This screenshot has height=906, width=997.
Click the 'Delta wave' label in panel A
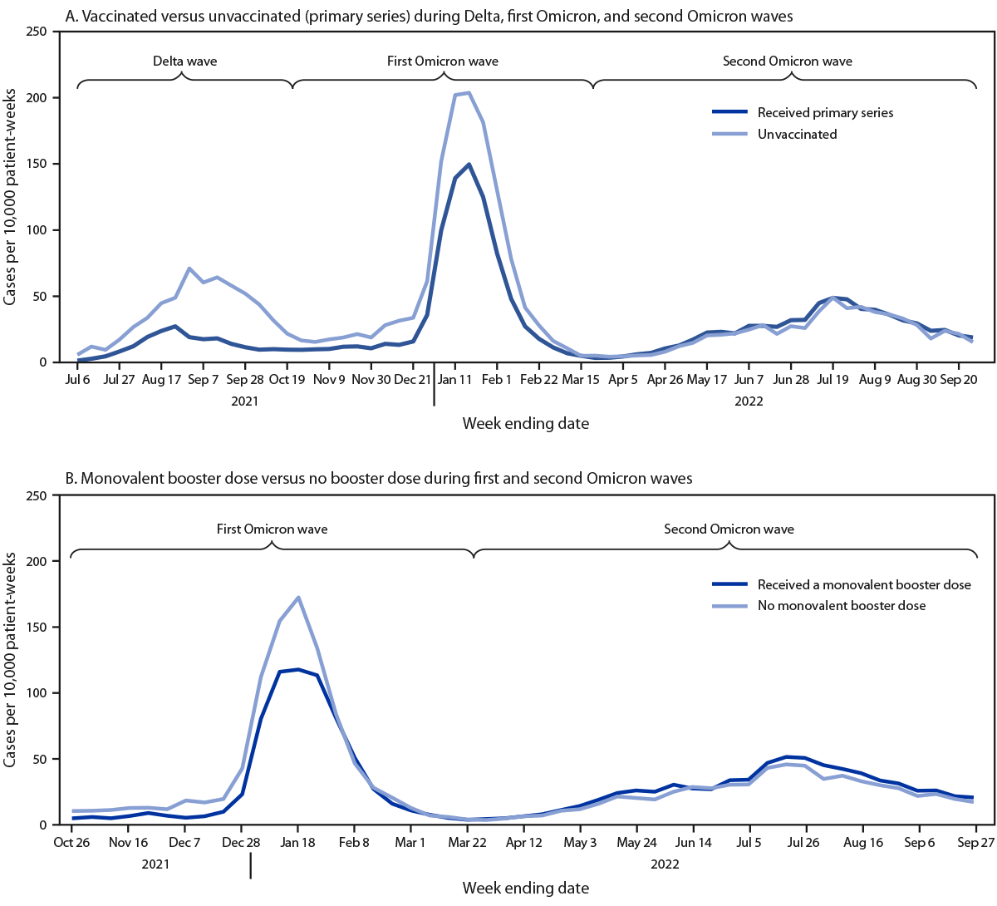184,62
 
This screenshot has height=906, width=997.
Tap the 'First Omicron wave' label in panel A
443,62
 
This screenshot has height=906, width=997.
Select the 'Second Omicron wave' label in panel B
729,529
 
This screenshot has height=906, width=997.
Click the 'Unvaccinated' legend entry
797,135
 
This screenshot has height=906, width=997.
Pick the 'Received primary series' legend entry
825,113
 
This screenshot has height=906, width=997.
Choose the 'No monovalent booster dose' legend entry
841,606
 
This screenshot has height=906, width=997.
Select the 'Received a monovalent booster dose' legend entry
864,585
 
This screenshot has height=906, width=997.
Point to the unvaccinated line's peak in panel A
469,92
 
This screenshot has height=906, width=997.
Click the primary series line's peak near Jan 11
469,165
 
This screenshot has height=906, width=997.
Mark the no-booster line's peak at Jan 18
298,597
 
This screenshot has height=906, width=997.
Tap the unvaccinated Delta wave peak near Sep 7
189,268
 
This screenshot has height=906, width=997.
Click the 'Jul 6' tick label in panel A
76,380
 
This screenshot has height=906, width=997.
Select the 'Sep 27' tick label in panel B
975,843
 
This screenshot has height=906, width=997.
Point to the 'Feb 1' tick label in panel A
497,380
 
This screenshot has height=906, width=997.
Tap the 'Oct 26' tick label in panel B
71,843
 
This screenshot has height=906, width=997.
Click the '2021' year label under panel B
155,864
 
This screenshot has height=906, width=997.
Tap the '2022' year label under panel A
749,401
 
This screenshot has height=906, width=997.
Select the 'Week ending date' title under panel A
525,424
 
